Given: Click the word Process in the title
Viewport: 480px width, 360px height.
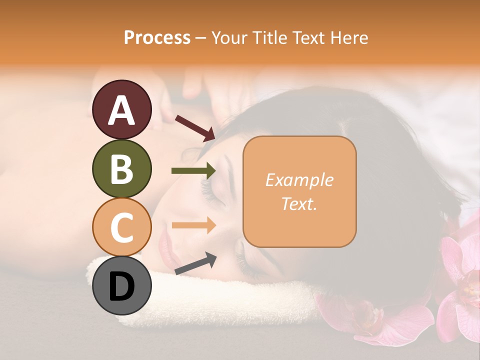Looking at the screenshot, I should coord(157,37).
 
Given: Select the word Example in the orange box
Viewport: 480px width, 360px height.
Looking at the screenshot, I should coord(299,180).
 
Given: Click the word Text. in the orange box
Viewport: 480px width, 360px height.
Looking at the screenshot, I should coord(299,203).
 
